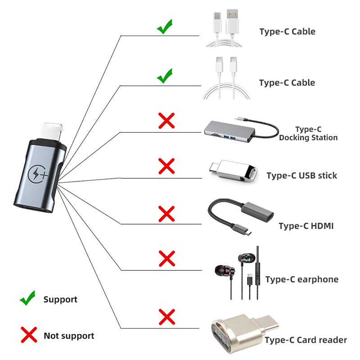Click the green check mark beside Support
coord(27,298)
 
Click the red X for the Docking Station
coord(166,121)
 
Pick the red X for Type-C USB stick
coord(166,166)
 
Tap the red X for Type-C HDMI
coord(166,213)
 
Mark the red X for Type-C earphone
coord(166,259)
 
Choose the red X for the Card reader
coord(166,317)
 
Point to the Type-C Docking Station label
coord(308,134)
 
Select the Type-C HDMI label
coord(306,226)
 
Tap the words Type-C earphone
coord(301,279)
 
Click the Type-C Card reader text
coord(306,340)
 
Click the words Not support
coord(69,336)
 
